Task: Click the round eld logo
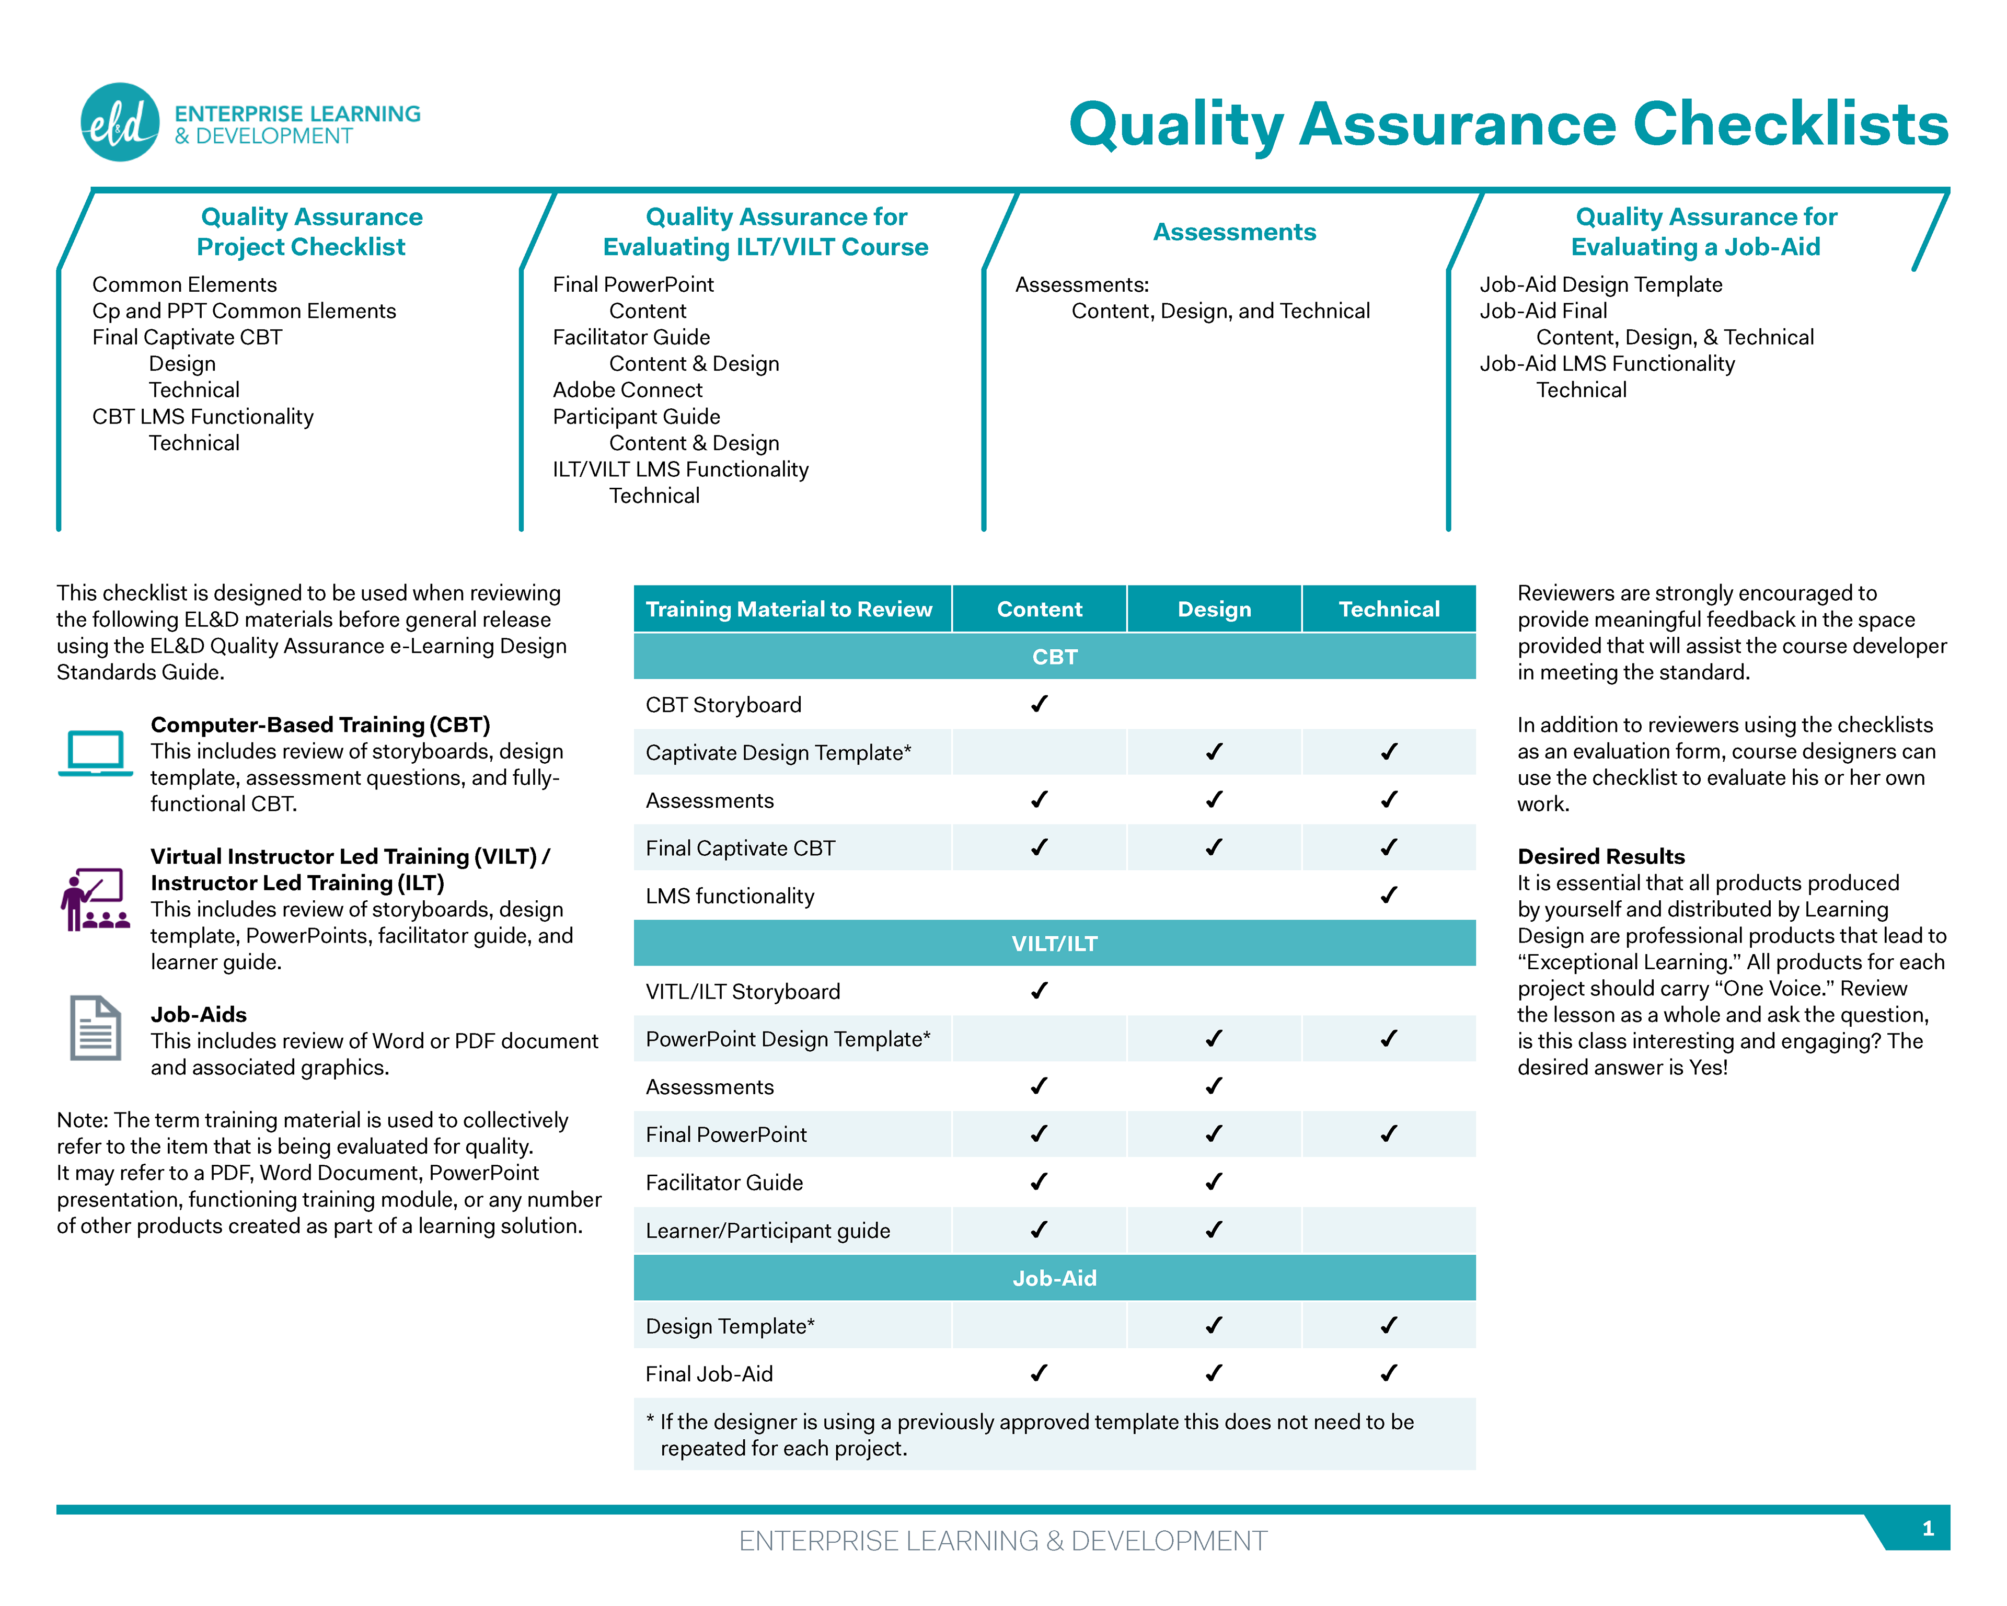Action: click(x=120, y=122)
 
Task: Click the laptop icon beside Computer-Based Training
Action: click(x=95, y=752)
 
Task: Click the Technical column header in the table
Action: click(x=1388, y=609)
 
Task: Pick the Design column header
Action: click(x=1214, y=609)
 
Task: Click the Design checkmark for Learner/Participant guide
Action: click(x=1214, y=1230)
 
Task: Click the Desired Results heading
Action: click(x=1600, y=856)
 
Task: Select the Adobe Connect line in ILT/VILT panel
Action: click(x=627, y=390)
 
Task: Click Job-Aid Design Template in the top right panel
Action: click(x=1600, y=285)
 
